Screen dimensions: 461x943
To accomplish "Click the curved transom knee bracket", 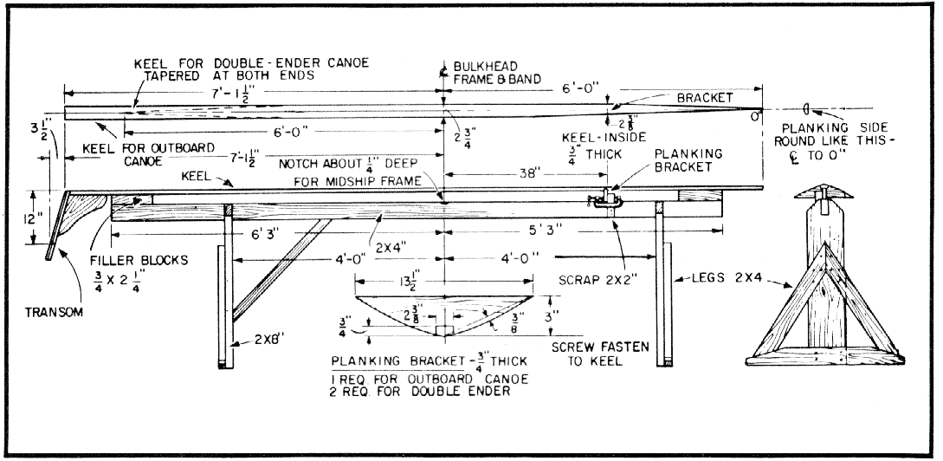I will point(82,217).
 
